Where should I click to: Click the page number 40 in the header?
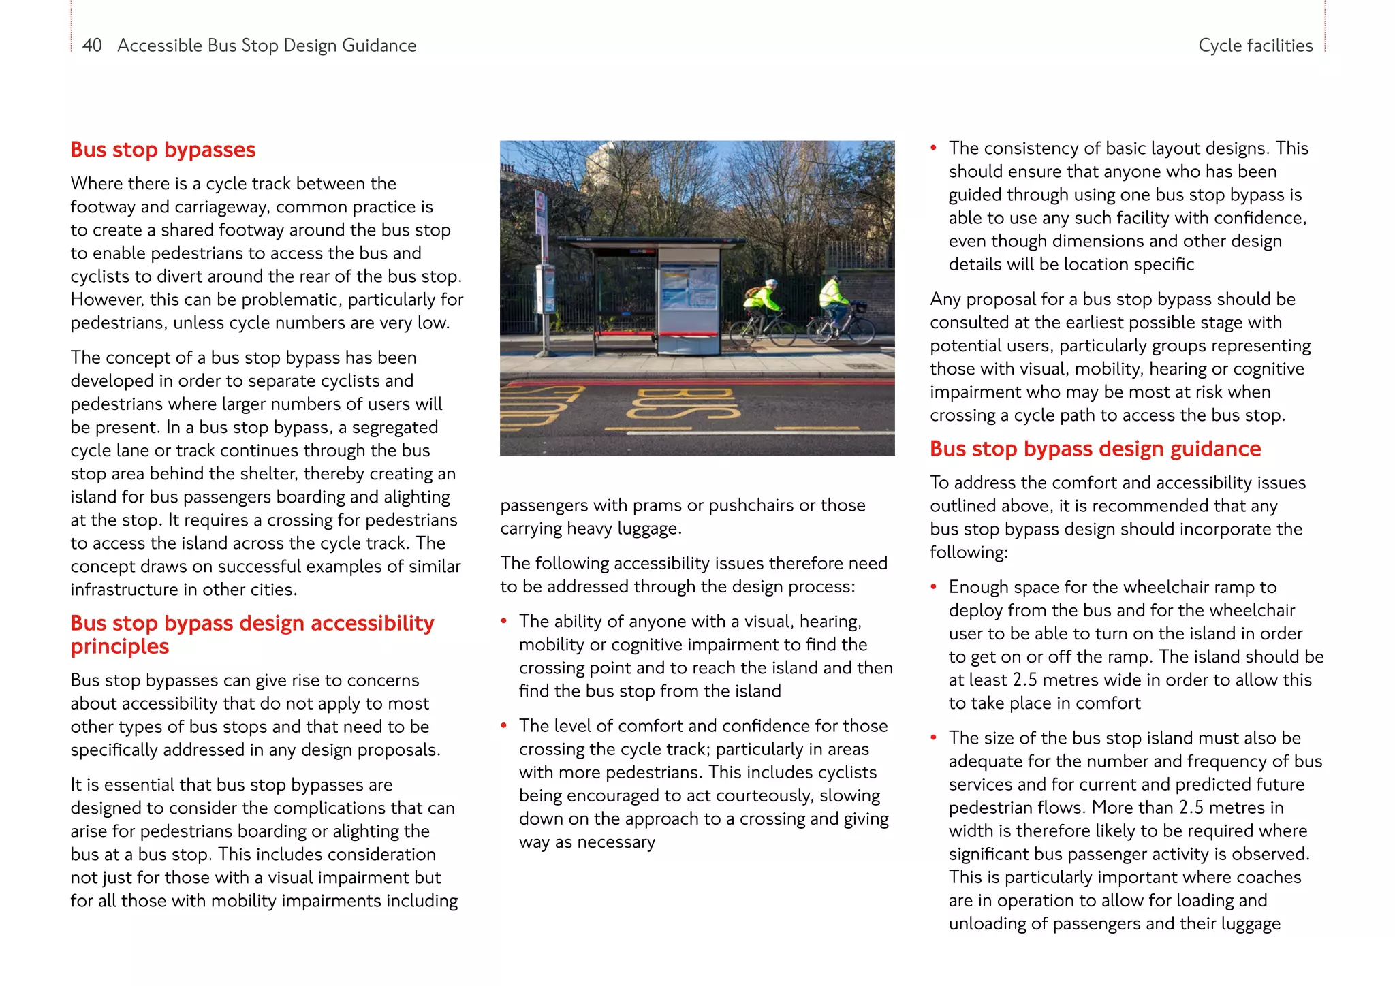pyautogui.click(x=91, y=46)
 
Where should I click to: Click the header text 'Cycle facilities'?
pyautogui.click(x=1255, y=46)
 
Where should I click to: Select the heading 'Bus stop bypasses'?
pyautogui.click(x=163, y=150)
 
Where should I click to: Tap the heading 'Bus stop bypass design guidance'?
pyautogui.click(x=1095, y=449)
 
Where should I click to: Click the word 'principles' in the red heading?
pyautogui.click(x=119, y=646)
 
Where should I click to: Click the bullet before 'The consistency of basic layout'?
pyautogui.click(x=934, y=148)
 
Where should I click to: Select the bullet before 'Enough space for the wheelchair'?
pyautogui.click(x=934, y=587)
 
